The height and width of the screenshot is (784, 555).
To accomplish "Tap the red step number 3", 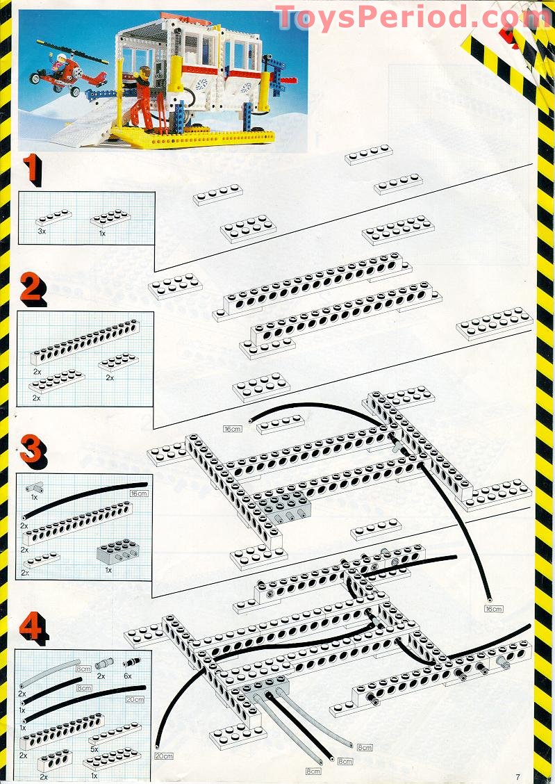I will pyautogui.click(x=32, y=450).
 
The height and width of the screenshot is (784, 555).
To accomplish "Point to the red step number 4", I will pyautogui.click(x=33, y=628).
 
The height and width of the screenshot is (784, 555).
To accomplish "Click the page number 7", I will pyautogui.click(x=518, y=776).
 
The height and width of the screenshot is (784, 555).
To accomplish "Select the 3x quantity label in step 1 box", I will pyautogui.click(x=41, y=229).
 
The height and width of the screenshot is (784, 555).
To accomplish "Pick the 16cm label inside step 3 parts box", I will pyautogui.click(x=139, y=493).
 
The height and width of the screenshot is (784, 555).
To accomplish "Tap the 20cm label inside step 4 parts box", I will pyautogui.click(x=136, y=699).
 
